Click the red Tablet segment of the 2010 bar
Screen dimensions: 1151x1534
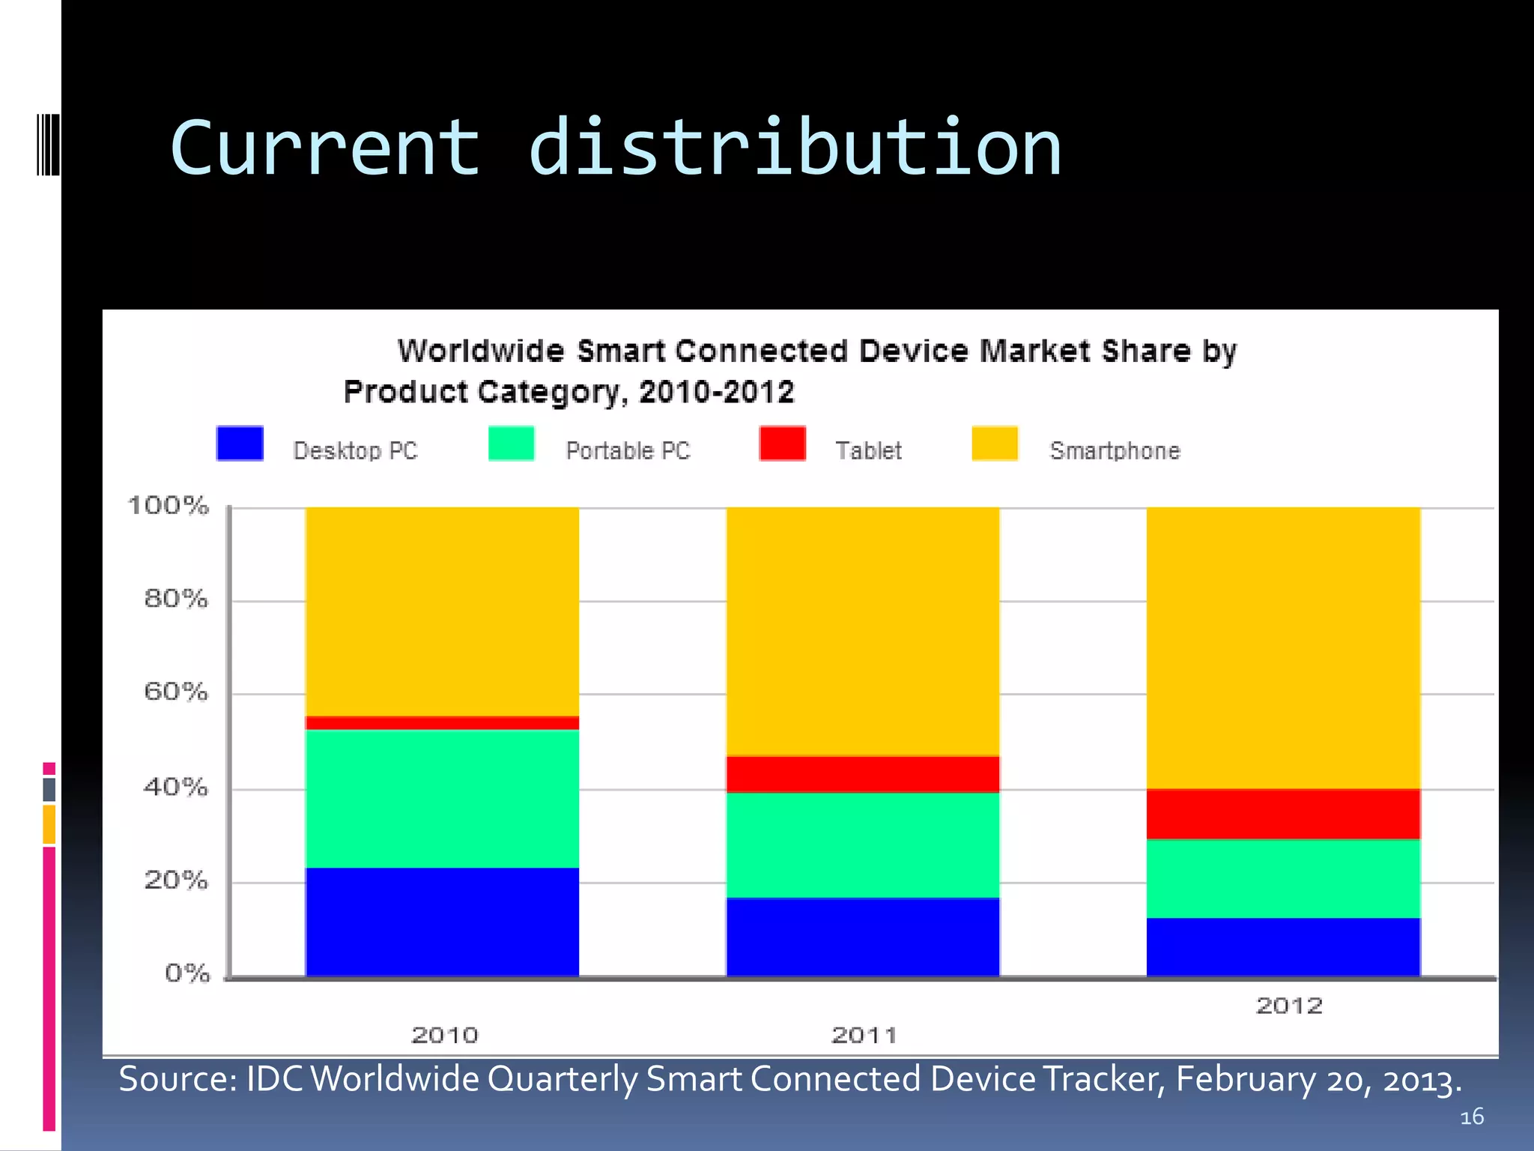click(x=442, y=722)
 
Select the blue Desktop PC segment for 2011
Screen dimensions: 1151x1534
click(x=863, y=937)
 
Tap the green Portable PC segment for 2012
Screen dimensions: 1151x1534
click(x=1283, y=878)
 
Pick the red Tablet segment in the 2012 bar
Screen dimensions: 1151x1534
click(x=1283, y=814)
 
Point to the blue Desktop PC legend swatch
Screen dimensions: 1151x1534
click(x=240, y=443)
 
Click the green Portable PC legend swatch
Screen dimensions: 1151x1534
click(x=511, y=443)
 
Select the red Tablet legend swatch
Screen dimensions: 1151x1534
click(x=782, y=443)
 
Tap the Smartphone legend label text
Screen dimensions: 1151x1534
click(x=1115, y=450)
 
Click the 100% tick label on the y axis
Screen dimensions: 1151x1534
click(x=168, y=506)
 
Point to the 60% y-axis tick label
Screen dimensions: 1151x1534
click(x=175, y=691)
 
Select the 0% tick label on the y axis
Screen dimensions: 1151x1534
click(x=187, y=973)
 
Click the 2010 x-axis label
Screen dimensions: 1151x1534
click(x=445, y=1035)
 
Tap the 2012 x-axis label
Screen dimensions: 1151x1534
click(x=1289, y=1006)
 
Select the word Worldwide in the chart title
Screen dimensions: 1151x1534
click(x=481, y=351)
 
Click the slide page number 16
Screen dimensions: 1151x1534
click(x=1472, y=1117)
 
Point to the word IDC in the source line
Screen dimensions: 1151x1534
click(x=274, y=1079)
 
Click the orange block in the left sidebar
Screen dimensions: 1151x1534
click(x=49, y=824)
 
